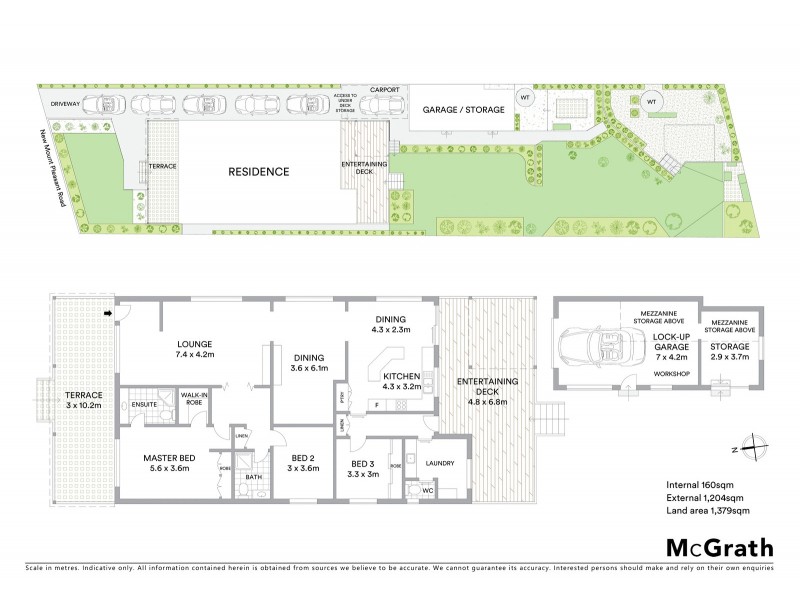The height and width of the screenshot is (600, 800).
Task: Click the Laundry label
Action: [x=440, y=463]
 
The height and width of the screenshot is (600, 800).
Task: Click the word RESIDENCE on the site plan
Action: [x=258, y=171]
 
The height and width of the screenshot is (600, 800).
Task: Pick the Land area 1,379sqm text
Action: [x=708, y=511]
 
